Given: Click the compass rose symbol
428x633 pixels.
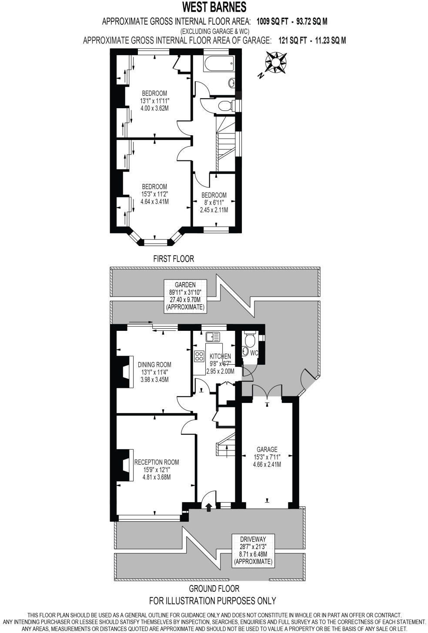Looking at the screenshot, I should coord(276,62).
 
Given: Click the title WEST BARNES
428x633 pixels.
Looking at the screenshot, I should coord(214,7).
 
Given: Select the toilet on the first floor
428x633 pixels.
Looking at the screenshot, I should coord(226,105).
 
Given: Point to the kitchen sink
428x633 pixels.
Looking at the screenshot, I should coord(213,336).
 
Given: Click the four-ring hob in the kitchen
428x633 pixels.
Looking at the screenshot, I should coord(200,356).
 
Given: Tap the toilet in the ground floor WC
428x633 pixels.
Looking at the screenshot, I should coord(251,338).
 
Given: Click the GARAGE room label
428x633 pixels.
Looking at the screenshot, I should coord(267,450).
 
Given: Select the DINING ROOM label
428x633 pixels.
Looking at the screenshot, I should coord(154,365).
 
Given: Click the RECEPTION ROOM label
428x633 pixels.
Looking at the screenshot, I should coord(156,462).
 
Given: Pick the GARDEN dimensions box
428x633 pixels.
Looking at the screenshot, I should coord(185,296).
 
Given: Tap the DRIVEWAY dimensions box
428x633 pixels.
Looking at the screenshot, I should coord(253,550).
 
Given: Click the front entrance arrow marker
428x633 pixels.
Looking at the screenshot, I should coord(208,506).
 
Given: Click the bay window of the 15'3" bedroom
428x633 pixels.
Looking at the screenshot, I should coord(154,240).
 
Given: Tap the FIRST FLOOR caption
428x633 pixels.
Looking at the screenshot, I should coord(174,259).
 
